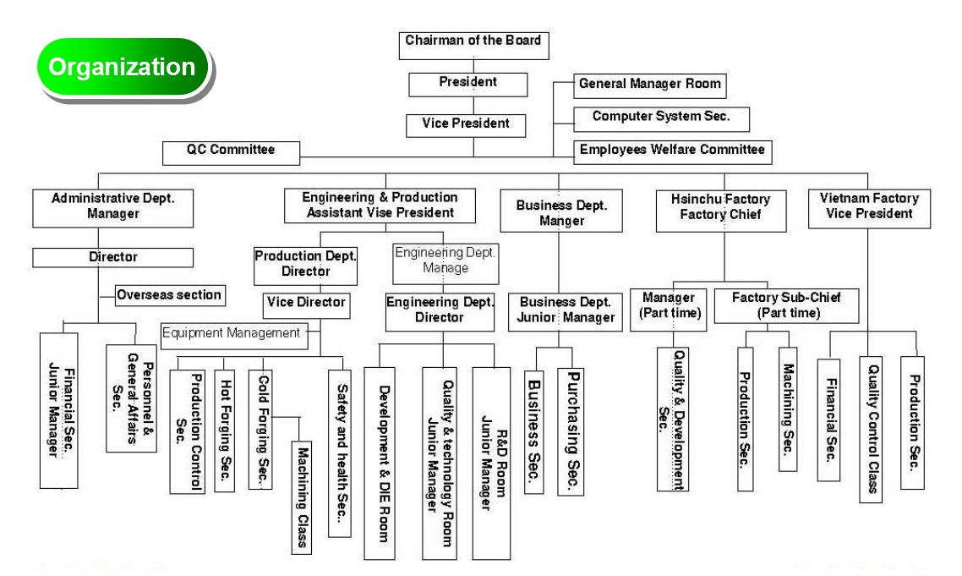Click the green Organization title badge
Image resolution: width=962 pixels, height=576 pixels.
tap(121, 67)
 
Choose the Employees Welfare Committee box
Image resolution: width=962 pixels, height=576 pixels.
tap(671, 151)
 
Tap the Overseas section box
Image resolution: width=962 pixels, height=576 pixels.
tap(170, 295)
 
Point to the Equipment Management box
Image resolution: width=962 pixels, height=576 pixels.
tap(232, 333)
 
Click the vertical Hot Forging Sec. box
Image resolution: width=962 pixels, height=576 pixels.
tap(224, 430)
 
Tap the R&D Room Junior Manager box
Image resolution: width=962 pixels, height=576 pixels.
tap(490, 463)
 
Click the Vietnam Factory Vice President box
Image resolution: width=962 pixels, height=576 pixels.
tap(870, 207)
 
